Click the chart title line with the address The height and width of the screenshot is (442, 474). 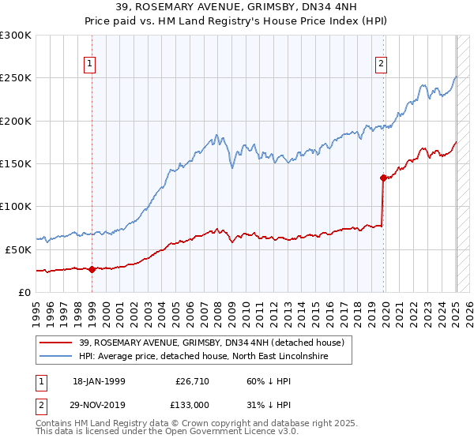click(x=236, y=8)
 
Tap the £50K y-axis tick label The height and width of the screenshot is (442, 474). click(x=19, y=249)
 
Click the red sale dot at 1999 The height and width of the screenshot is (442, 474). click(x=92, y=269)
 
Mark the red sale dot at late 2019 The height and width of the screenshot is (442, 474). click(x=383, y=178)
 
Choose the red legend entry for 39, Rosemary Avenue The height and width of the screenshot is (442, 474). click(x=211, y=343)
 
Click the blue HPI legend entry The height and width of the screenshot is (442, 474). click(x=203, y=357)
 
